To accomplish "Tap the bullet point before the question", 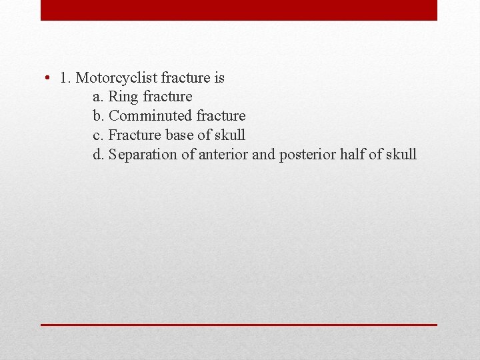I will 49,78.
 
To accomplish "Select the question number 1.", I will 65,78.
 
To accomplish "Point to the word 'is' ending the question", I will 219,78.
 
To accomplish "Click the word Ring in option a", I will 123,97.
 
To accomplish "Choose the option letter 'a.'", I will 99,97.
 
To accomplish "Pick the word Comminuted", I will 150,117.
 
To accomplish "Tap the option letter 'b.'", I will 99,117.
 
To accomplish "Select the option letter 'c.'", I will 99,135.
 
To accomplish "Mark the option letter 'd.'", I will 99,155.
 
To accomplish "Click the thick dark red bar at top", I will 239,10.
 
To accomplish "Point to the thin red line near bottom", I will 239,325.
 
